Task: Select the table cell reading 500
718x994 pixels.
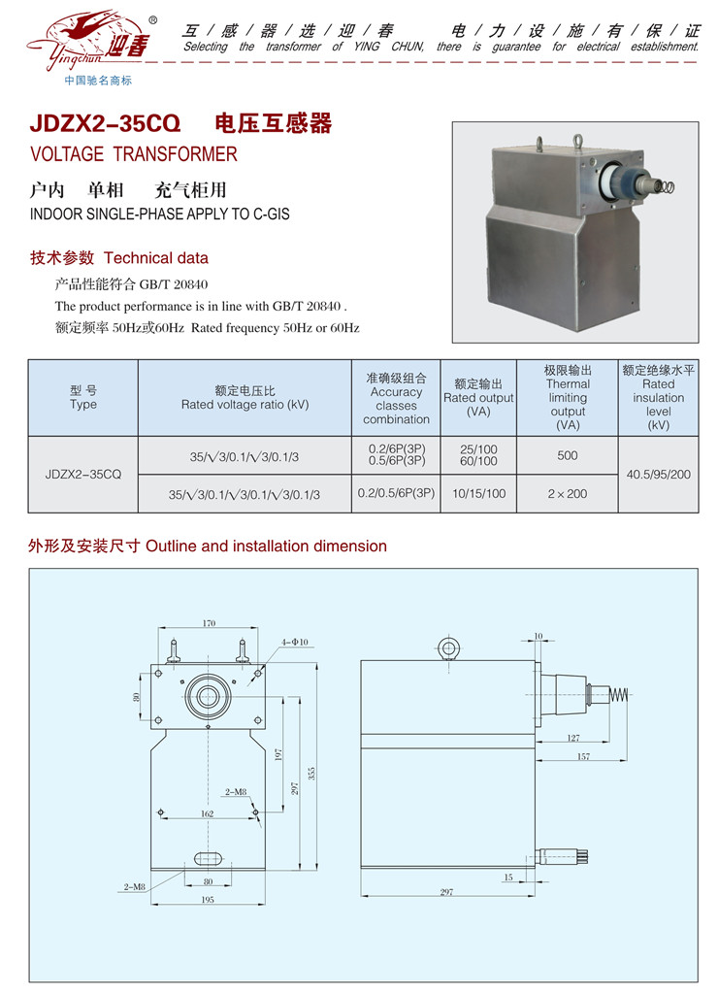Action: (x=568, y=455)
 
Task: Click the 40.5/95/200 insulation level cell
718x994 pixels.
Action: (x=659, y=475)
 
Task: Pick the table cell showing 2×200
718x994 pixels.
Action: (x=568, y=493)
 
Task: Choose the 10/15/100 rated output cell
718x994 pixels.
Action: (x=479, y=493)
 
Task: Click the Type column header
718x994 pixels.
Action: (x=83, y=398)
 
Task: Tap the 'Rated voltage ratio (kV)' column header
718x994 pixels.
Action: (x=245, y=398)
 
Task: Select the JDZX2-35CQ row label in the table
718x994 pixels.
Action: (x=83, y=475)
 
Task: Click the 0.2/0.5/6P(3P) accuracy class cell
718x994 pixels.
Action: (x=396, y=493)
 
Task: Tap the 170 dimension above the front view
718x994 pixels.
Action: (x=210, y=623)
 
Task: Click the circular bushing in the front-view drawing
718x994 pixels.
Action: (x=207, y=695)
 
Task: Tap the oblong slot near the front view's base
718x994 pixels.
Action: (x=209, y=858)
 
